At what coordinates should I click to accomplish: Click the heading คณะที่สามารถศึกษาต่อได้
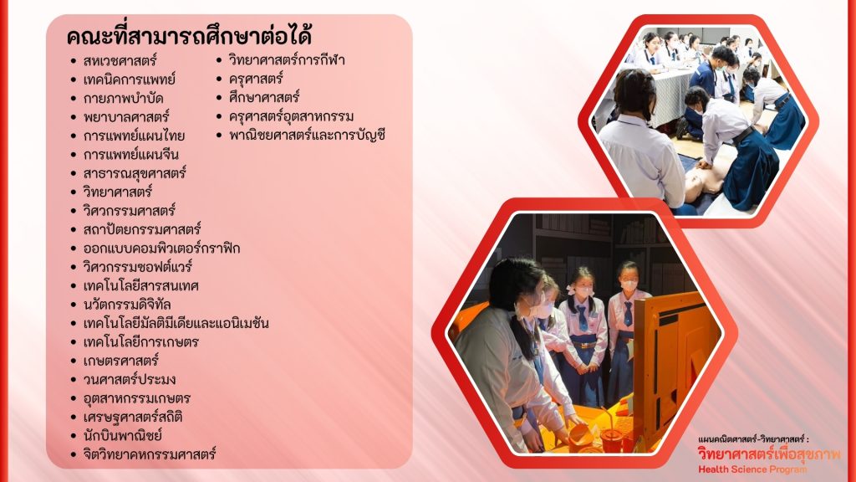pos(189,36)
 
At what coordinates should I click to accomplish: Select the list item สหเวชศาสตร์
pos(120,60)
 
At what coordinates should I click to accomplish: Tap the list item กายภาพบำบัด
pos(124,99)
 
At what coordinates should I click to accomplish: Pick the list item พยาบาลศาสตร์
pos(126,117)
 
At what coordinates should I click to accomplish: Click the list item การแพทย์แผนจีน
pos(131,155)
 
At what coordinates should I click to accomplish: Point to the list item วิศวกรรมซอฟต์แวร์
pos(138,267)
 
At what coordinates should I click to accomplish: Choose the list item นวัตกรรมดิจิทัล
pos(127,305)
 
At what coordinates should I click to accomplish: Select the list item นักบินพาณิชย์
pos(122,435)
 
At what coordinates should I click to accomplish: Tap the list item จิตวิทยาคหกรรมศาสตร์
pos(150,454)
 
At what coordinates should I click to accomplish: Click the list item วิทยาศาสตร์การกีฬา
pos(287,60)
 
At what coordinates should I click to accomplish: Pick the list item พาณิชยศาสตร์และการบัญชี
pos(308,135)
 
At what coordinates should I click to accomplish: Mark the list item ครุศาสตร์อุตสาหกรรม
pos(291,116)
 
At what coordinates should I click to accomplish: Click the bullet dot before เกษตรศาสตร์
pos(74,361)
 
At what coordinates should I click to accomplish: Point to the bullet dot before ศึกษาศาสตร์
pos(220,99)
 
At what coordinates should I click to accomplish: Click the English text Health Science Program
pos(752,469)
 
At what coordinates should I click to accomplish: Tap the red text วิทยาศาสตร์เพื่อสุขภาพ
pos(769,454)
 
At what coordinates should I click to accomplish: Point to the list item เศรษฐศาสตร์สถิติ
pos(133,417)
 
